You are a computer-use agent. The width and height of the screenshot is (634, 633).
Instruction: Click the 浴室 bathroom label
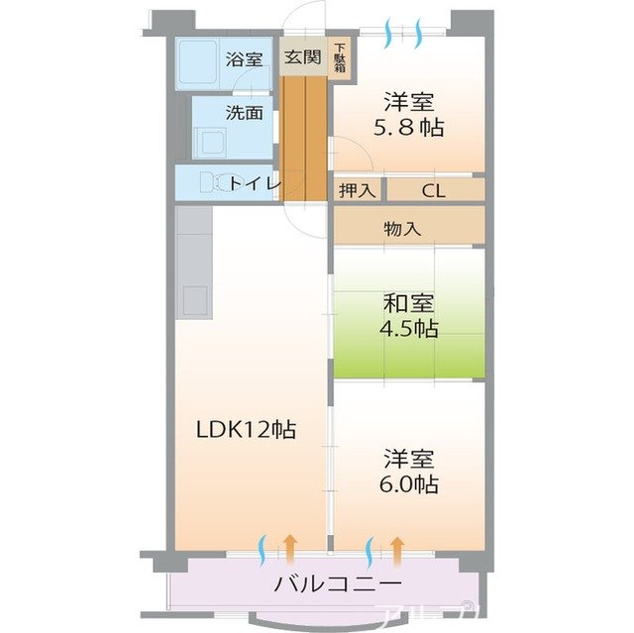tap(244, 58)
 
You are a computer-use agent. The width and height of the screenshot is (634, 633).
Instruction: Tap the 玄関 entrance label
tap(303, 57)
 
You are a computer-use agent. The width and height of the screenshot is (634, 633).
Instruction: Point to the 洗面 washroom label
tap(244, 112)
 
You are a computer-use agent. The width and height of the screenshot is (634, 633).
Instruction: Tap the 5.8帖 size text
tap(408, 127)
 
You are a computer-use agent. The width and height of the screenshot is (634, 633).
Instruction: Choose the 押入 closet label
tap(356, 190)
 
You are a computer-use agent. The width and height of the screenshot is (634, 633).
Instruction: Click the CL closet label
tap(433, 190)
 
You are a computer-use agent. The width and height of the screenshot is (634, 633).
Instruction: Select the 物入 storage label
tap(403, 229)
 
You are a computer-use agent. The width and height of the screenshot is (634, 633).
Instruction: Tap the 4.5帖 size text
tap(408, 329)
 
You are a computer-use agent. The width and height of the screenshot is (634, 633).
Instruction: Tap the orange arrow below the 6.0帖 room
tap(397, 545)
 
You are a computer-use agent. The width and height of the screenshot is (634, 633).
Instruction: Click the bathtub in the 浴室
tap(199, 63)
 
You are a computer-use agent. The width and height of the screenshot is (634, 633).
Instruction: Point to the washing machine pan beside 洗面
tap(211, 141)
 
